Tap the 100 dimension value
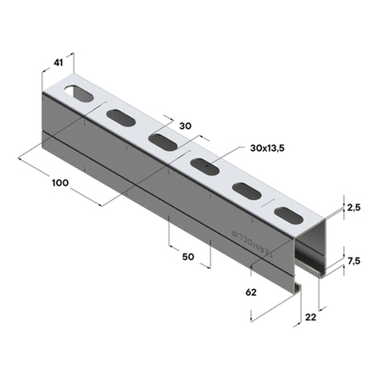tap(58, 182)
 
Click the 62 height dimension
tap(252, 292)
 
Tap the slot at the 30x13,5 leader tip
tap(203, 164)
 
